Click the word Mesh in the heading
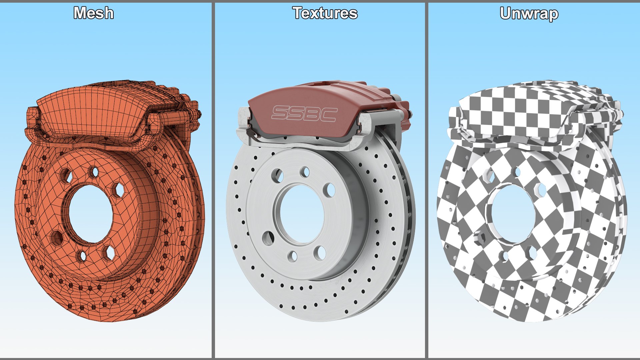[94, 13]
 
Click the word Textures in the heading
[325, 13]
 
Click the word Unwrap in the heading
[529, 14]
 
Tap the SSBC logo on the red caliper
[304, 113]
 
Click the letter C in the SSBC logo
[327, 114]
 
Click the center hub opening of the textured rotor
[302, 214]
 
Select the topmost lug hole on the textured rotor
[305, 172]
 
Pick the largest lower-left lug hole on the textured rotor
[268, 238]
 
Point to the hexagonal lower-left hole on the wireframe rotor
[57, 238]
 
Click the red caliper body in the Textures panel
[300, 100]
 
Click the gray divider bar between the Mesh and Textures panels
[213, 180]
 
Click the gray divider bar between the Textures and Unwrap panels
[426, 180]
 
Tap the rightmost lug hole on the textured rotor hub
[331, 190]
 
